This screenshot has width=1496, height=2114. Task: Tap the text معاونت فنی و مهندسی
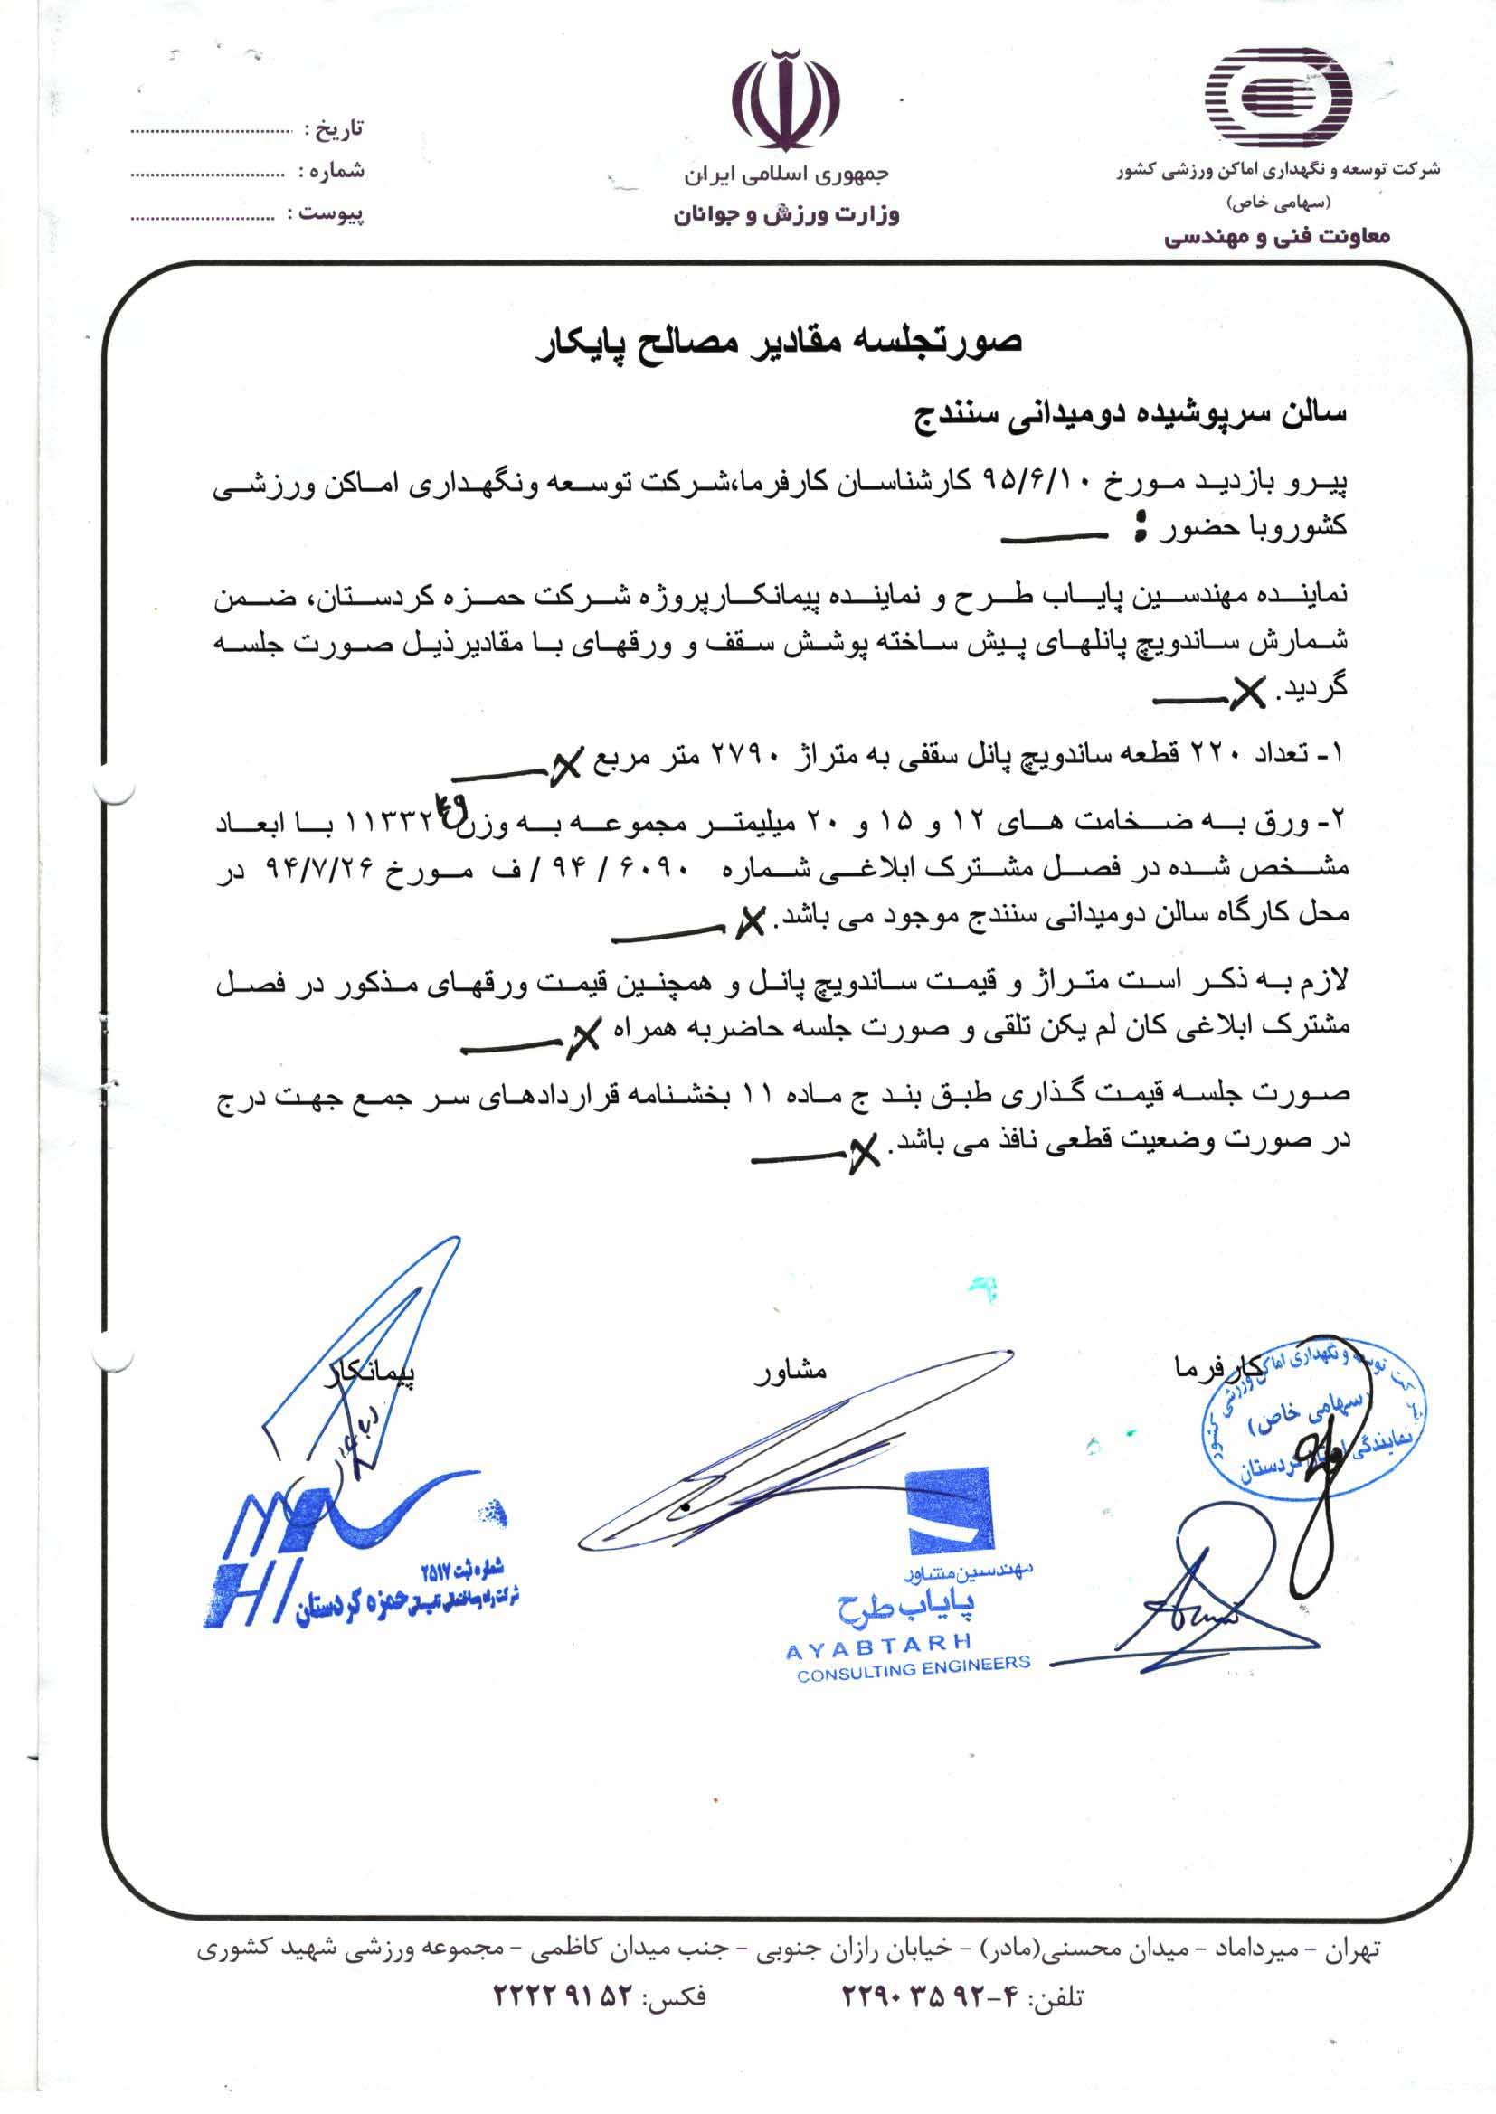coord(1278,238)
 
